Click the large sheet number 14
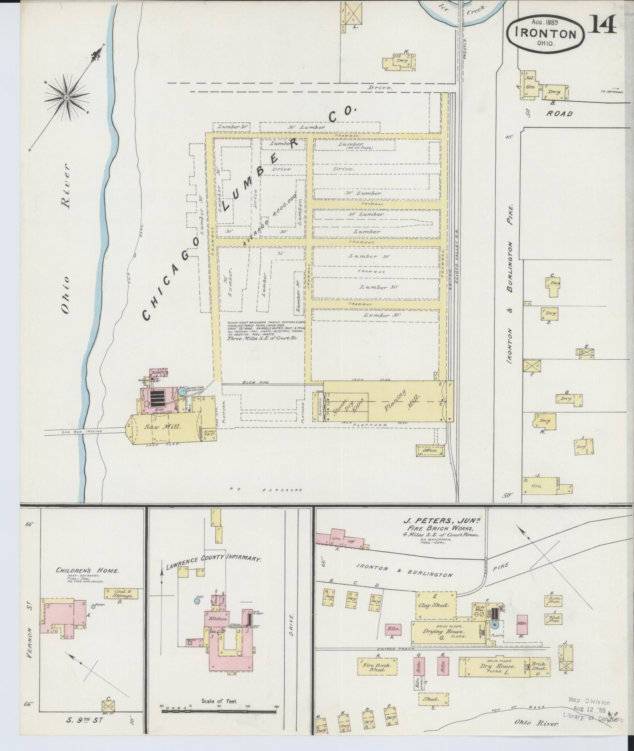(602, 25)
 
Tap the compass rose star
(67, 97)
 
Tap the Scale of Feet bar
(218, 711)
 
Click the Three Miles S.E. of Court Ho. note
(262, 338)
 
